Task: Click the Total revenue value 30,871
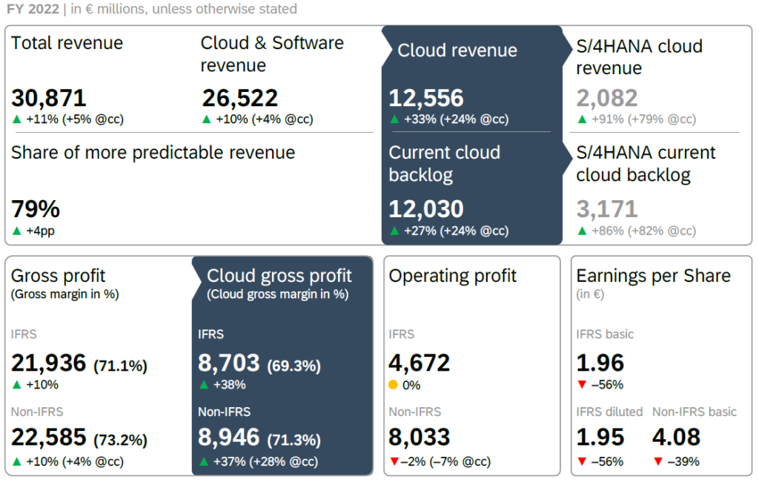pyautogui.click(x=49, y=98)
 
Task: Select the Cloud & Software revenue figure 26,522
pyautogui.click(x=239, y=98)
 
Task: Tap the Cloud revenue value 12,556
pyautogui.click(x=426, y=98)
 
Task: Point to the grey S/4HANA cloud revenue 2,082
pyautogui.click(x=607, y=98)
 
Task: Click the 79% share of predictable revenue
pyautogui.click(x=36, y=209)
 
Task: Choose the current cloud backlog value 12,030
pyautogui.click(x=426, y=209)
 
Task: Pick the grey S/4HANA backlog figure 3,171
pyautogui.click(x=607, y=209)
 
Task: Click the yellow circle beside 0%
pyautogui.click(x=394, y=385)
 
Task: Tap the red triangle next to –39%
pyautogui.click(x=657, y=462)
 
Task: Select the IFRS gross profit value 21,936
pyautogui.click(x=49, y=363)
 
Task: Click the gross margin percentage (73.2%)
pyautogui.click(x=120, y=440)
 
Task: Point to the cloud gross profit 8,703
pyautogui.click(x=229, y=363)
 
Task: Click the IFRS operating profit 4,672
pyautogui.click(x=420, y=363)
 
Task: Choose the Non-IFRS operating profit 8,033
pyautogui.click(x=420, y=438)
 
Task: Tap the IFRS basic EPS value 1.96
pyautogui.click(x=600, y=363)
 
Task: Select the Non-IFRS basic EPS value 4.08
pyautogui.click(x=676, y=438)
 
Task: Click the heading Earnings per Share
pyautogui.click(x=653, y=276)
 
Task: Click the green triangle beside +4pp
pyautogui.click(x=16, y=231)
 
